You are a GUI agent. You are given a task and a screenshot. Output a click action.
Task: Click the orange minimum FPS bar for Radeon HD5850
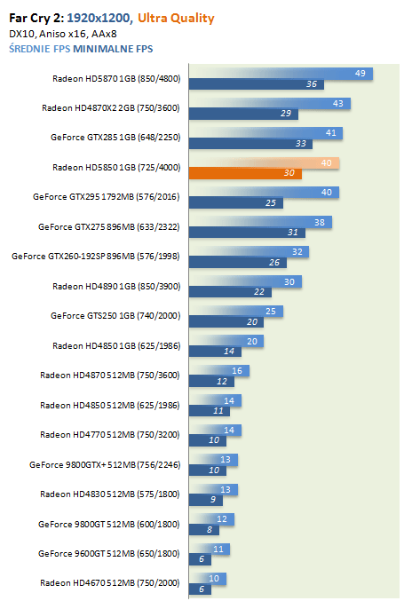[245, 173]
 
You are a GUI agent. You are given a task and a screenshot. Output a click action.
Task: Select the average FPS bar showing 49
[281, 73]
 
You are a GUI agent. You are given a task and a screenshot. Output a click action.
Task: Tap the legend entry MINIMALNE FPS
[113, 49]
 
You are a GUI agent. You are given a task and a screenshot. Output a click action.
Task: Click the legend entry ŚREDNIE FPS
[40, 49]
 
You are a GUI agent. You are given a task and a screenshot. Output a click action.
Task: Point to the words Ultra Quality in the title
[176, 18]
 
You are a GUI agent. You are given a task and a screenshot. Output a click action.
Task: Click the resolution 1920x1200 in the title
[99, 18]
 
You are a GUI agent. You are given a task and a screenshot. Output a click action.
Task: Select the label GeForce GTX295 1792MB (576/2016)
[107, 197]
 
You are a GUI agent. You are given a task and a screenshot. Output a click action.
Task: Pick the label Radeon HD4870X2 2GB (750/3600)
[111, 108]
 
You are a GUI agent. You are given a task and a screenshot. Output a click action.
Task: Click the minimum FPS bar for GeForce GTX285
[250, 144]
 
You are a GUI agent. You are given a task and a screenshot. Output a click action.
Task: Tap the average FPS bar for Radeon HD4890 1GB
[245, 281]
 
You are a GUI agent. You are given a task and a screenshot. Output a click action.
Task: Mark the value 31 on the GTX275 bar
[293, 233]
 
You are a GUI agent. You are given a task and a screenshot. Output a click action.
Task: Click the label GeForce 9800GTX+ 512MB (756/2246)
[105, 465]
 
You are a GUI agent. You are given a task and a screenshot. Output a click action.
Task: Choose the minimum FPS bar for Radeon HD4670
[200, 589]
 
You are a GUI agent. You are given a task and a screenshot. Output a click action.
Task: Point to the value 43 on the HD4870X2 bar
[338, 104]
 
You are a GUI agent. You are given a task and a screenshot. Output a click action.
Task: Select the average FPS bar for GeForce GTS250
[236, 312]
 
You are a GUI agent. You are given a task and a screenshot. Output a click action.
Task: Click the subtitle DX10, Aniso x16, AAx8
[63, 34]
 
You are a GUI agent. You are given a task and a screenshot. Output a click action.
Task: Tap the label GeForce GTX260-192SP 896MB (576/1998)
[95, 257]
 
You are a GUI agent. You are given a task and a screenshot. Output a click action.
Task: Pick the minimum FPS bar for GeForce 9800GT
[204, 530]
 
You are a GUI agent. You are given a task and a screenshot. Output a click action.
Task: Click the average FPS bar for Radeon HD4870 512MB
[219, 371]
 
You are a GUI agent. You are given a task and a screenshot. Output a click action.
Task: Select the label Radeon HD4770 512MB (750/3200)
[109, 435]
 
